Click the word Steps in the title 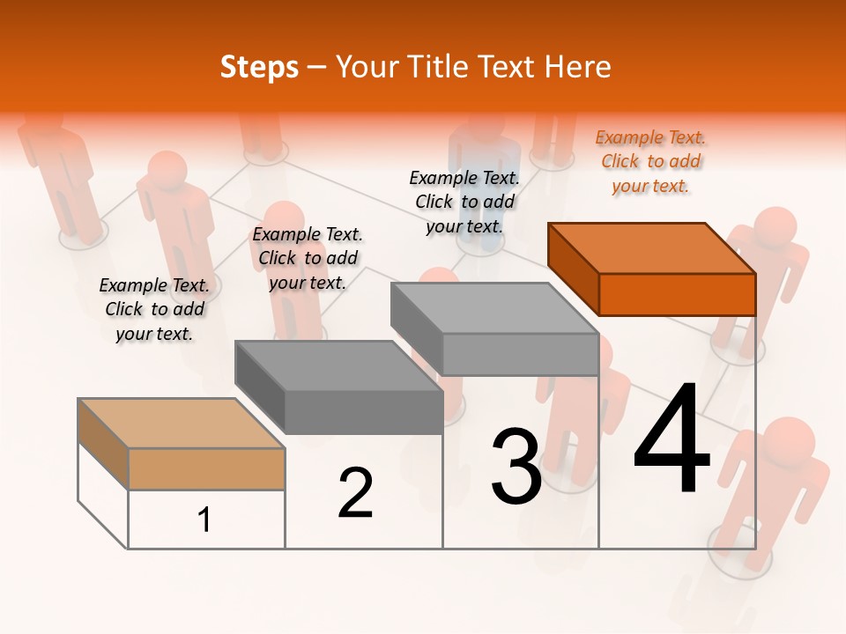pyautogui.click(x=258, y=67)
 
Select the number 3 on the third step pyautogui.click(x=516, y=466)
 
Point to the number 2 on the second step pyautogui.click(x=355, y=493)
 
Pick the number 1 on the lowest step pyautogui.click(x=204, y=520)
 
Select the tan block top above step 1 pyautogui.click(x=181, y=424)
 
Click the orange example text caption pyautogui.click(x=650, y=161)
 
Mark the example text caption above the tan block pyautogui.click(x=154, y=309)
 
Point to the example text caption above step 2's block pyautogui.click(x=308, y=258)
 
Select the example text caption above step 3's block pyautogui.click(x=464, y=202)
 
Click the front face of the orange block pyautogui.click(x=677, y=294)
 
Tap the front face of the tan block pyautogui.click(x=206, y=468)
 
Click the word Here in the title pyautogui.click(x=578, y=67)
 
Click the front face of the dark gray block pyautogui.click(x=363, y=412)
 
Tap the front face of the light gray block pyautogui.click(x=520, y=355)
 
